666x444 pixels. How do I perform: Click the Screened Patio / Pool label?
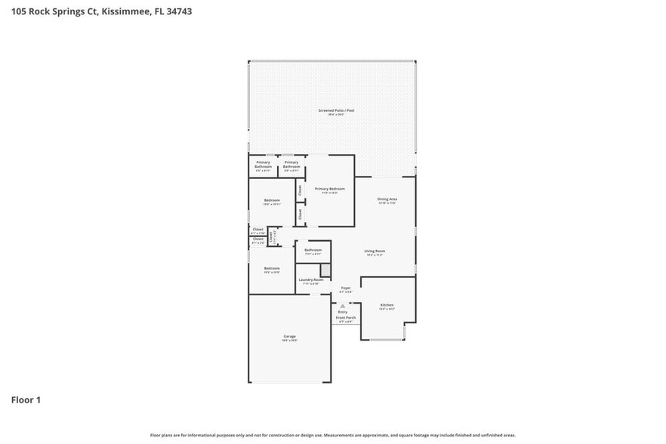tap(336, 110)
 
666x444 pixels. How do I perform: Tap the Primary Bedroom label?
tap(330, 189)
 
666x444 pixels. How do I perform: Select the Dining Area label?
tap(387, 199)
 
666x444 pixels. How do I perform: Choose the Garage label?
tap(290, 336)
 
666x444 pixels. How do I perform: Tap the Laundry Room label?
tap(311, 279)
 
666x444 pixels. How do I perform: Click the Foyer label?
tap(346, 288)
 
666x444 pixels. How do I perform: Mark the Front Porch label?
tap(345, 318)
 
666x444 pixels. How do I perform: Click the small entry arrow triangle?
tap(343, 305)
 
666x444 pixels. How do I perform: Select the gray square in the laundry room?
tap(325, 270)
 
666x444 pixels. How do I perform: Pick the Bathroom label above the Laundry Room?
tap(313, 250)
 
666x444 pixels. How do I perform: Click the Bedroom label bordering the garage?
tap(272, 268)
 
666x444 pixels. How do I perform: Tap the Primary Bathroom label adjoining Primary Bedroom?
tap(291, 165)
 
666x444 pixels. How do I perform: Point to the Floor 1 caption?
tap(25, 399)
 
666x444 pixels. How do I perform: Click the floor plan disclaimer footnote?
tap(333, 435)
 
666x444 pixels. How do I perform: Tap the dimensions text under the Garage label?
tap(290, 341)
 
